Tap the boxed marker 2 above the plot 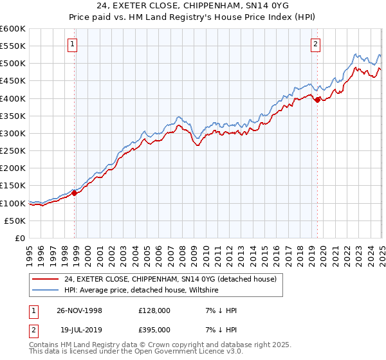[x=316, y=44]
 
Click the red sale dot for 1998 [x=75, y=192]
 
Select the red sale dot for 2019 [x=318, y=99]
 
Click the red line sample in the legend [x=46, y=279]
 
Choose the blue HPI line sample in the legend [x=46, y=291]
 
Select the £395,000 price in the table [x=154, y=329]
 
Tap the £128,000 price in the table [x=154, y=310]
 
